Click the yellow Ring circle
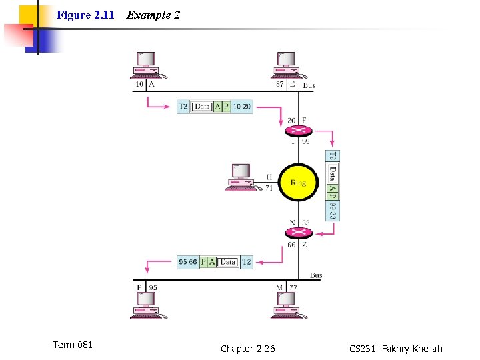coord(298,182)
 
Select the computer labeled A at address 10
coord(145,64)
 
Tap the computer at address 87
coord(287,64)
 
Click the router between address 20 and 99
coord(298,131)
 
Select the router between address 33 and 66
coord(298,232)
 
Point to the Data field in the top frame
coord(203,107)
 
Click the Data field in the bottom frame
coord(228,263)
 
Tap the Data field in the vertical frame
coord(333,174)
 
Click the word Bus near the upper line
coord(309,85)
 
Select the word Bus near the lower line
coord(316,275)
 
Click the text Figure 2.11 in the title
coord(85,15)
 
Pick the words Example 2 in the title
coord(153,15)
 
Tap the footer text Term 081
coord(73,345)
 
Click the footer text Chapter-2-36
coord(247,349)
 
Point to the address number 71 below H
coord(269,189)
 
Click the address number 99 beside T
coord(306,142)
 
